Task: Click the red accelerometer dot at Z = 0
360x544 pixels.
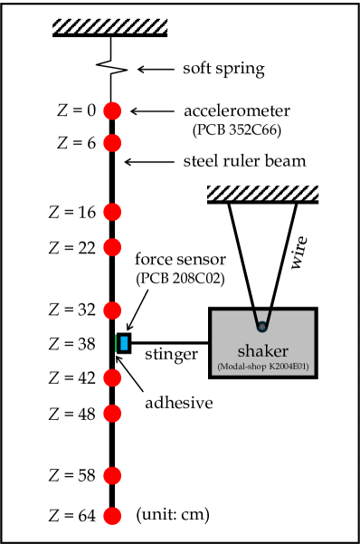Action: [112, 110]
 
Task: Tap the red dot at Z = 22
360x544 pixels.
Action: [112, 246]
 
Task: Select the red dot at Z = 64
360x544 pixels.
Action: [112, 516]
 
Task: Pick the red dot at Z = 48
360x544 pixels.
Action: [112, 414]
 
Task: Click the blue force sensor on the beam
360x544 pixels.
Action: [123, 343]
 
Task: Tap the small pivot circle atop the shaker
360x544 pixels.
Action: [262, 325]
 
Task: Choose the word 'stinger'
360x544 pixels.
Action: [173, 356]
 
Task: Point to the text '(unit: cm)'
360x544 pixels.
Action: [172, 515]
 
